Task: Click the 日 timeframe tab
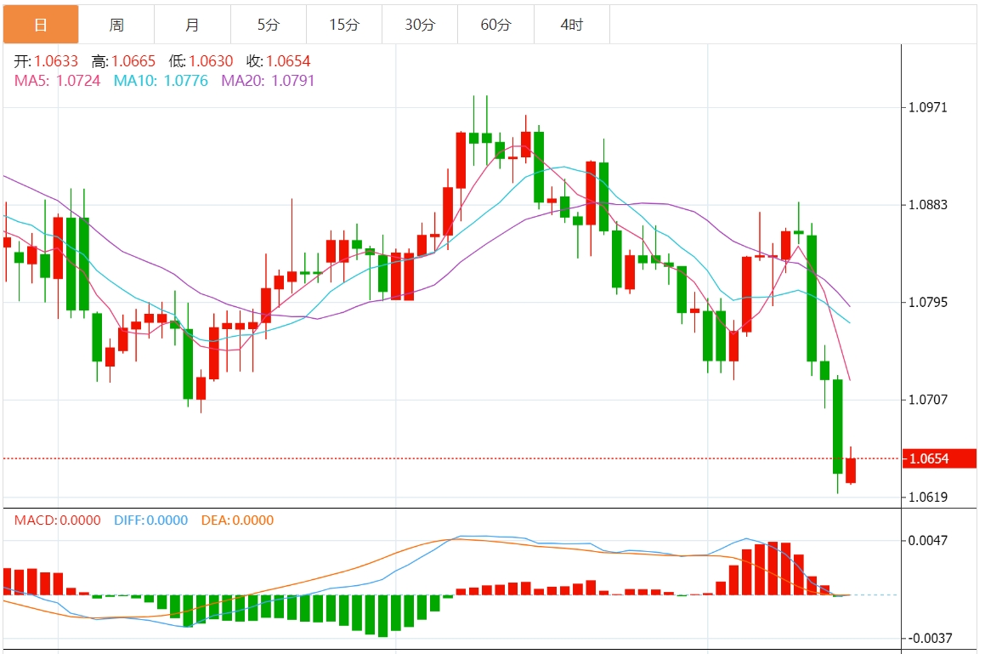(40, 25)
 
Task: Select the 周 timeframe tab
(116, 25)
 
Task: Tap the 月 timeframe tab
(192, 25)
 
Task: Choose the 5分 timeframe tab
(268, 25)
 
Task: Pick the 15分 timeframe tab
(343, 25)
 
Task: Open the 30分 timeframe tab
(419, 25)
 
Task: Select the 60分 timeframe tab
(495, 25)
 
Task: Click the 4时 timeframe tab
(572, 25)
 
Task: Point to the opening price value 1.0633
(56, 61)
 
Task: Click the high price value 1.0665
(133, 61)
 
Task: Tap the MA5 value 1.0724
(78, 81)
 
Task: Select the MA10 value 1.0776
(185, 81)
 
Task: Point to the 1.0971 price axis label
(929, 108)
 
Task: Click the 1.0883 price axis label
(929, 205)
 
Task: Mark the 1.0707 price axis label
(929, 400)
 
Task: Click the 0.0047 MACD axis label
(929, 540)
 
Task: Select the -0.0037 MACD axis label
(927, 638)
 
